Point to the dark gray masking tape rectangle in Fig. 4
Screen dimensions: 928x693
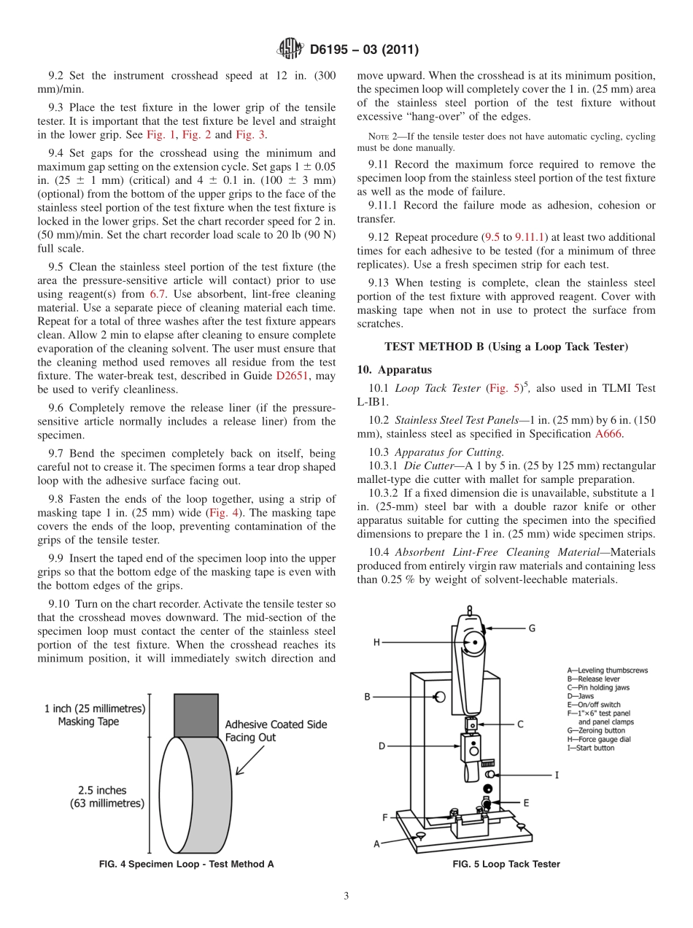(x=195, y=716)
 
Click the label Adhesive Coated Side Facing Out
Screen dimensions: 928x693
(x=276, y=731)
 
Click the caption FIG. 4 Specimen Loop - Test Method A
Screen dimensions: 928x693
(x=186, y=865)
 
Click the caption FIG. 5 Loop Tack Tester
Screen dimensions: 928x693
(x=506, y=865)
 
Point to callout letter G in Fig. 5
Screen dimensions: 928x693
(x=532, y=627)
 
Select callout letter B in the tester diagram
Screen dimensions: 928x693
(x=368, y=697)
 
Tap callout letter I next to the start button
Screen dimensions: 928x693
(x=557, y=775)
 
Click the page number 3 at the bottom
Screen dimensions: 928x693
(x=346, y=897)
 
